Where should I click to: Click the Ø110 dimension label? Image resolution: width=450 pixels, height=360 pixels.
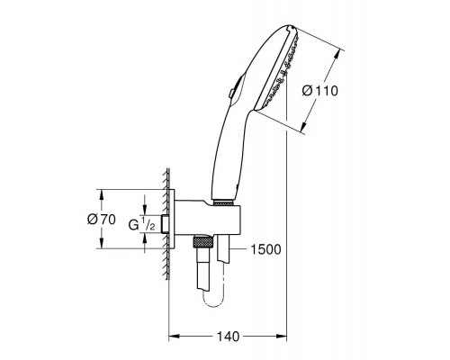pos(319,91)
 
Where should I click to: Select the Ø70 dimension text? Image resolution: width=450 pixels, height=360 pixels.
pos(102,220)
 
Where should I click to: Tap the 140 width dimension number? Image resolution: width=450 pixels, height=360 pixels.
pos(228,337)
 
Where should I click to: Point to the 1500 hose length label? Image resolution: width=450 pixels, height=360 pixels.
pos(265,249)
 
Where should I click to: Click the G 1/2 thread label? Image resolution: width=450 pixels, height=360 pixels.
pos(141,224)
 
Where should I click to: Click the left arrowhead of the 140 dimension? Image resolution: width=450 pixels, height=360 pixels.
pos(175,337)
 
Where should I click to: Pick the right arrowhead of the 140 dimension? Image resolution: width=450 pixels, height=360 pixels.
pos(281,337)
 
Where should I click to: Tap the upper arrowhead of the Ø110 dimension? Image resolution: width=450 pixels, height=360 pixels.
pos(337,55)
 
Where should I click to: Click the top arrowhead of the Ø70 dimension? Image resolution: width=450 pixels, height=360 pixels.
pos(102,195)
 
